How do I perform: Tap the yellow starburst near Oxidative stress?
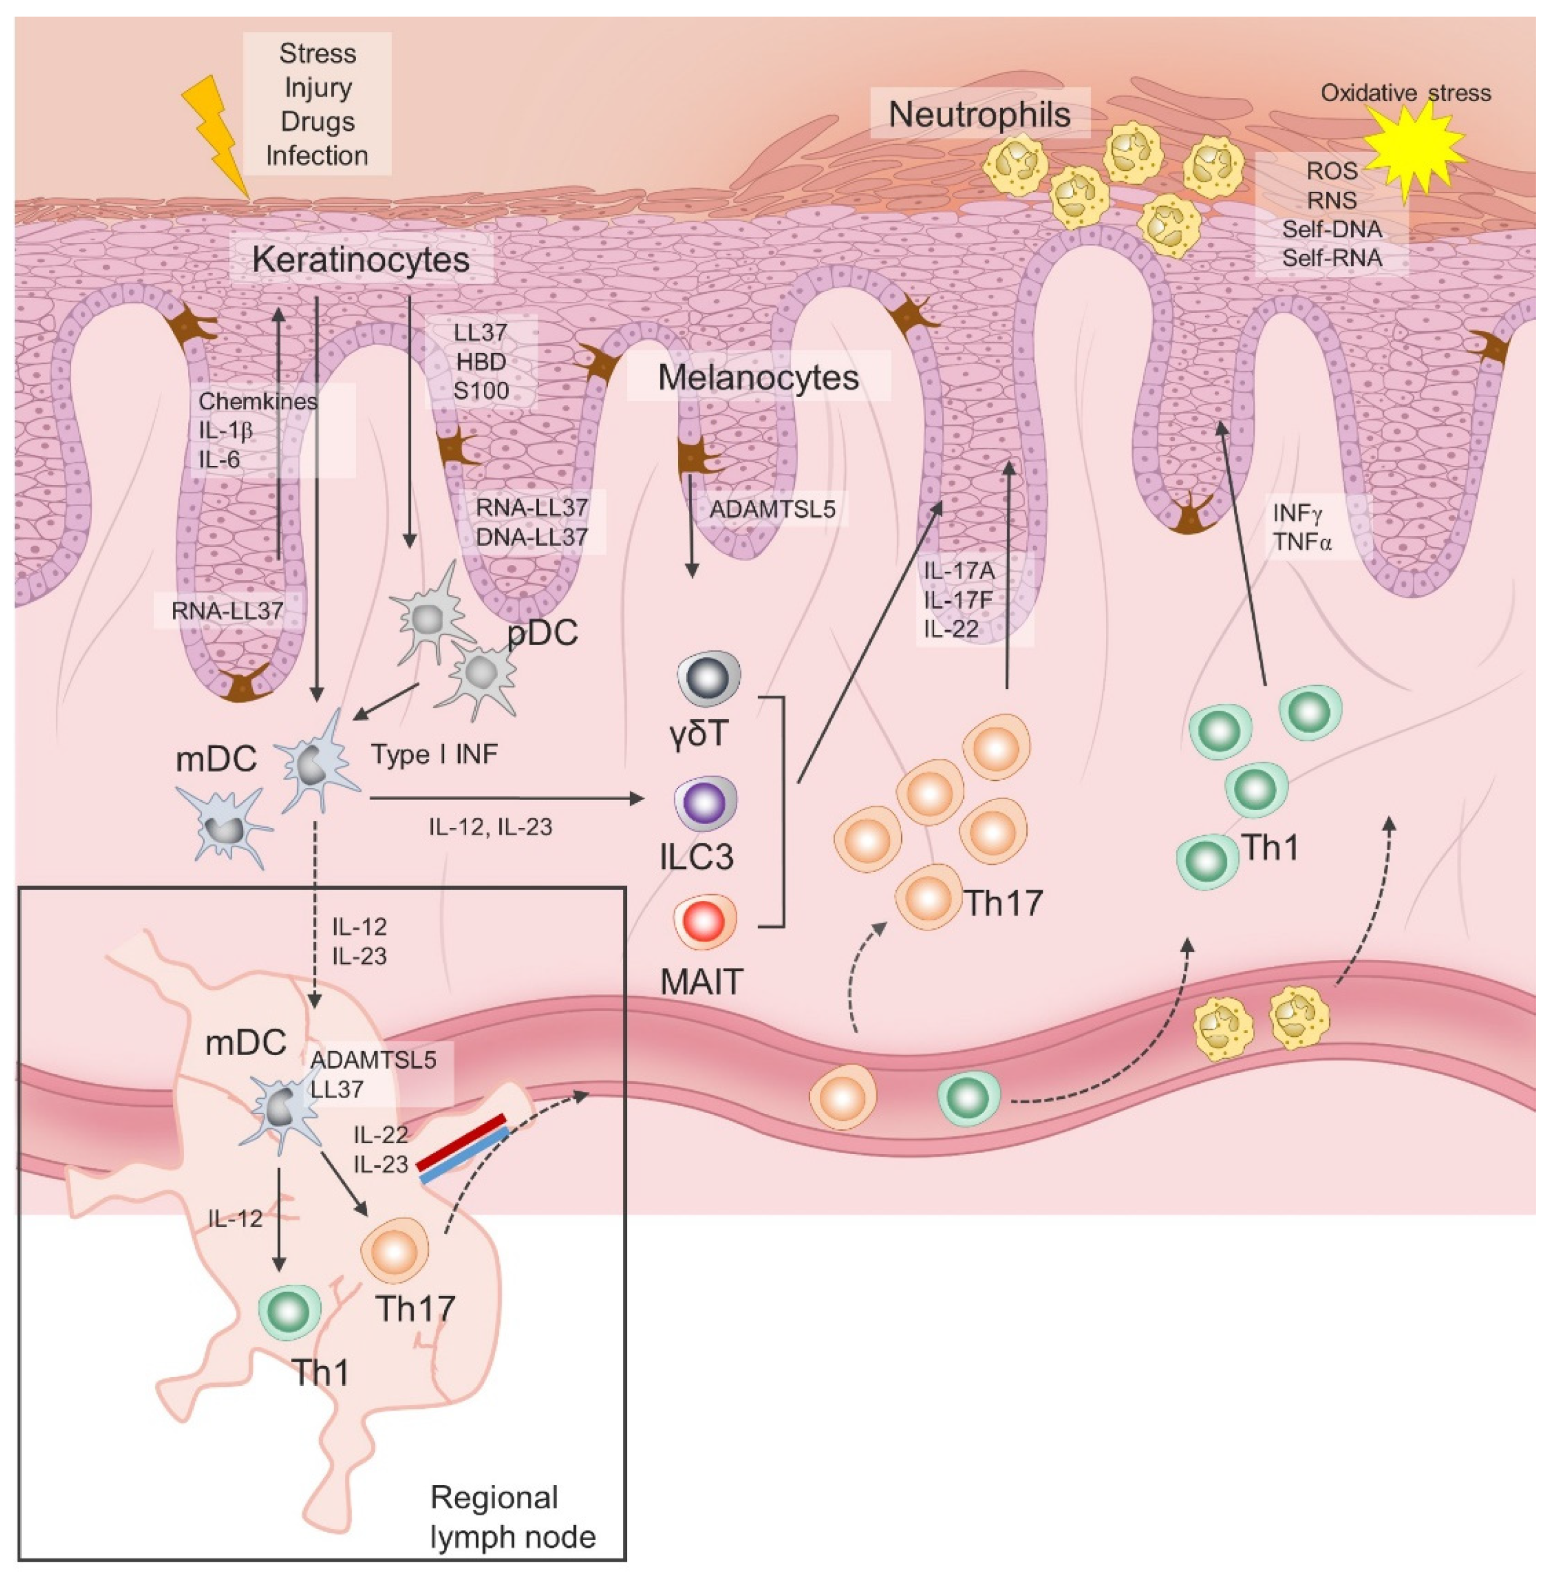[x=1413, y=151]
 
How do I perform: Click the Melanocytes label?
[x=757, y=377]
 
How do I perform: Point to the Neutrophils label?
[x=979, y=114]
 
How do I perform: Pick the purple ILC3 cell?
[x=705, y=802]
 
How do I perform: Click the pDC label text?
[x=542, y=632]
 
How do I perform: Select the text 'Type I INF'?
[x=434, y=755]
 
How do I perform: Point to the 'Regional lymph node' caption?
[x=513, y=1517]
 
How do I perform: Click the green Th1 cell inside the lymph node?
[x=290, y=1311]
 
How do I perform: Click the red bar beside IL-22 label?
[x=462, y=1142]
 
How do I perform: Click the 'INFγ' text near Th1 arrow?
[x=1298, y=513]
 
